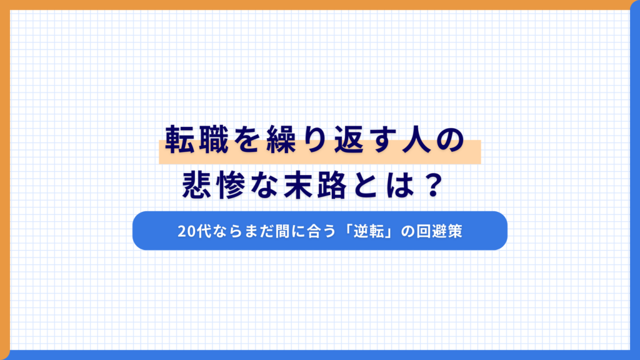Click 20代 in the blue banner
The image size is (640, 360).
coord(190,231)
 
